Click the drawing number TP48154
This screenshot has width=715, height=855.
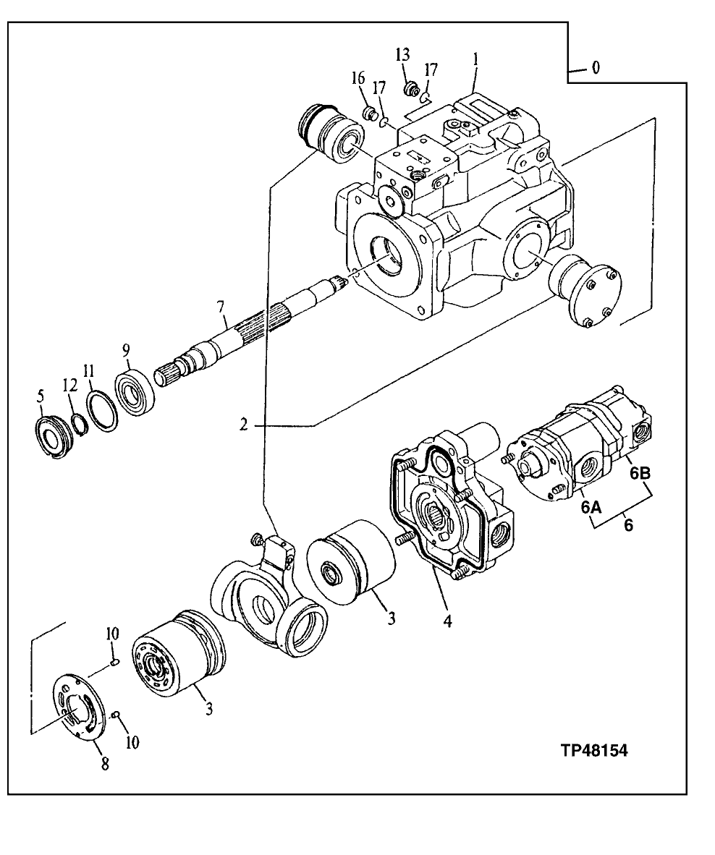tap(593, 750)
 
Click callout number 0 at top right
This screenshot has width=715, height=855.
tap(595, 69)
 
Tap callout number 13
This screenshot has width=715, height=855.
tap(402, 55)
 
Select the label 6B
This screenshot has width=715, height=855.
tap(639, 474)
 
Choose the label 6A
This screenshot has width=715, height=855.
tap(591, 508)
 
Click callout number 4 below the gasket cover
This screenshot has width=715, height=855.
tap(447, 621)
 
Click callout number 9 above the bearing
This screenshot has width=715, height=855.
tap(126, 350)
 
